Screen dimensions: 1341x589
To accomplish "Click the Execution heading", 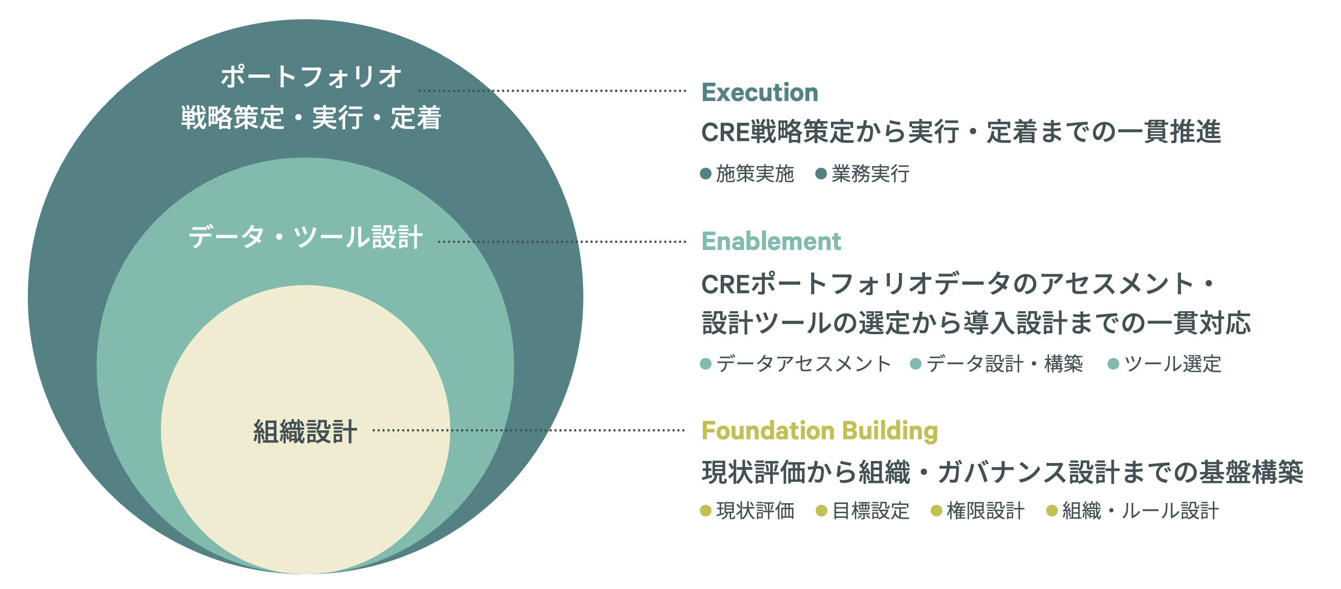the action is click(759, 92).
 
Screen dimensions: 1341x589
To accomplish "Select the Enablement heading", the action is click(771, 241).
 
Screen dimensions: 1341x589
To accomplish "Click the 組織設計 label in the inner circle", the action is click(305, 432).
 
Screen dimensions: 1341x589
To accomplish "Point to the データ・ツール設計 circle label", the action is click(305, 237).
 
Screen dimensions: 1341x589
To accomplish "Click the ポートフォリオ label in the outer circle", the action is click(311, 76).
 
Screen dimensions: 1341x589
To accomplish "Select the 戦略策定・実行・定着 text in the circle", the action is click(311, 117).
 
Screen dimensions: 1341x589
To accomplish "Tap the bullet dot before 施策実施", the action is click(706, 173).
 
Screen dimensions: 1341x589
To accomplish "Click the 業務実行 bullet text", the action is click(870, 174).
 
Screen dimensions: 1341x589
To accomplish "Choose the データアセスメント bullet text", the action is click(804, 364).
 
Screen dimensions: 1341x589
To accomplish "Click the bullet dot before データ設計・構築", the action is click(916, 364).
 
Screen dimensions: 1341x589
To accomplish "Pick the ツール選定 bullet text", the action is click(1172, 364).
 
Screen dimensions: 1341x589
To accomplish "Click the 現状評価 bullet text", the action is click(755, 511).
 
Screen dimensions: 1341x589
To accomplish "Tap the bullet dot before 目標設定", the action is click(822, 511).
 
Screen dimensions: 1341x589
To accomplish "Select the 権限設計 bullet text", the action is click(985, 511).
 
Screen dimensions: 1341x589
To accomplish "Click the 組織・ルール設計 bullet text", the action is click(1140, 511).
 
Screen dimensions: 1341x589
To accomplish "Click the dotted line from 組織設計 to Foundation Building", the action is click(528, 430).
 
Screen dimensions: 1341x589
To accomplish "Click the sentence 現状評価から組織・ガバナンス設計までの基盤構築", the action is click(1002, 472).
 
